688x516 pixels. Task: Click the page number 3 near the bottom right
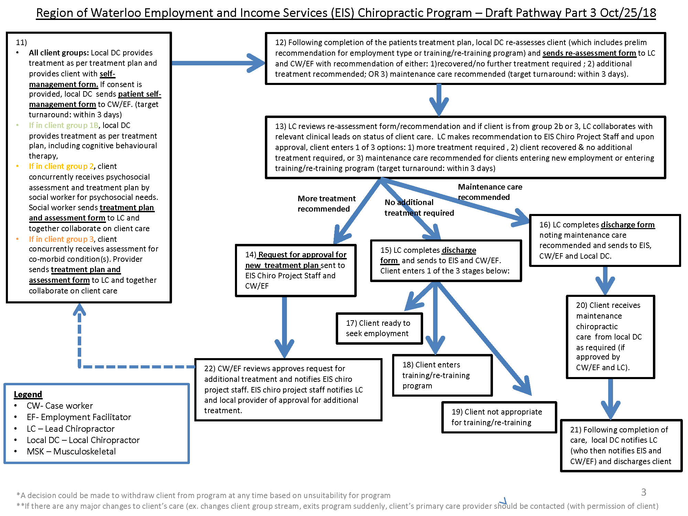(x=644, y=492)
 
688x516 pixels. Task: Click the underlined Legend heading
(x=28, y=394)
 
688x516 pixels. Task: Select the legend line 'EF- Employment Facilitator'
(x=79, y=417)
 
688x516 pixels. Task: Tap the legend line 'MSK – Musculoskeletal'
(x=71, y=451)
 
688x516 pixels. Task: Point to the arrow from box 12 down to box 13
(x=439, y=100)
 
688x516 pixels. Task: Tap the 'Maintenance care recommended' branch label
(x=490, y=192)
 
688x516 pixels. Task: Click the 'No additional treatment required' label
(x=419, y=208)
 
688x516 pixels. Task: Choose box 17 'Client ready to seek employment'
(x=379, y=329)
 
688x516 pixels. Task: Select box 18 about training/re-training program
(x=442, y=375)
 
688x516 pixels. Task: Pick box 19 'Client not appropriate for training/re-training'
(x=499, y=417)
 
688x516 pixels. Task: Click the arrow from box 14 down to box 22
(x=284, y=327)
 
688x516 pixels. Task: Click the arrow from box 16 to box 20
(x=605, y=280)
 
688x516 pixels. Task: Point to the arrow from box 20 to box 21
(x=611, y=399)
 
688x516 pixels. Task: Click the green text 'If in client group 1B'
(x=64, y=125)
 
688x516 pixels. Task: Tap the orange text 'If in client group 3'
(x=61, y=239)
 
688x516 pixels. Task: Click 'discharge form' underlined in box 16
(x=628, y=225)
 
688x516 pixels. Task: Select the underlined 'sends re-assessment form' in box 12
(x=589, y=53)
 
